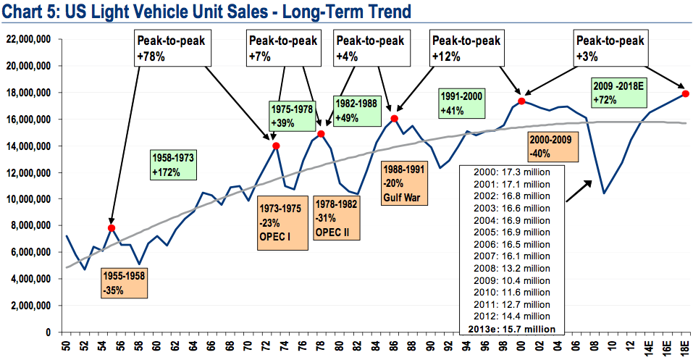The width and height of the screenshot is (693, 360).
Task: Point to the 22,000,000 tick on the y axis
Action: [29, 39]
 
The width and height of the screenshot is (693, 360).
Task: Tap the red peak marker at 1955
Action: [112, 228]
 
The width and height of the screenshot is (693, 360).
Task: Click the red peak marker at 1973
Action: [276, 146]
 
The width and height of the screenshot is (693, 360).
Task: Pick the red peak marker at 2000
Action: [521, 101]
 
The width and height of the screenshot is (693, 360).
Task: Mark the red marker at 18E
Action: [685, 93]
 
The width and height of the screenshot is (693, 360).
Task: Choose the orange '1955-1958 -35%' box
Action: [125, 284]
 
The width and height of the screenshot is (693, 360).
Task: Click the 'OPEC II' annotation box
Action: [336, 218]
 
